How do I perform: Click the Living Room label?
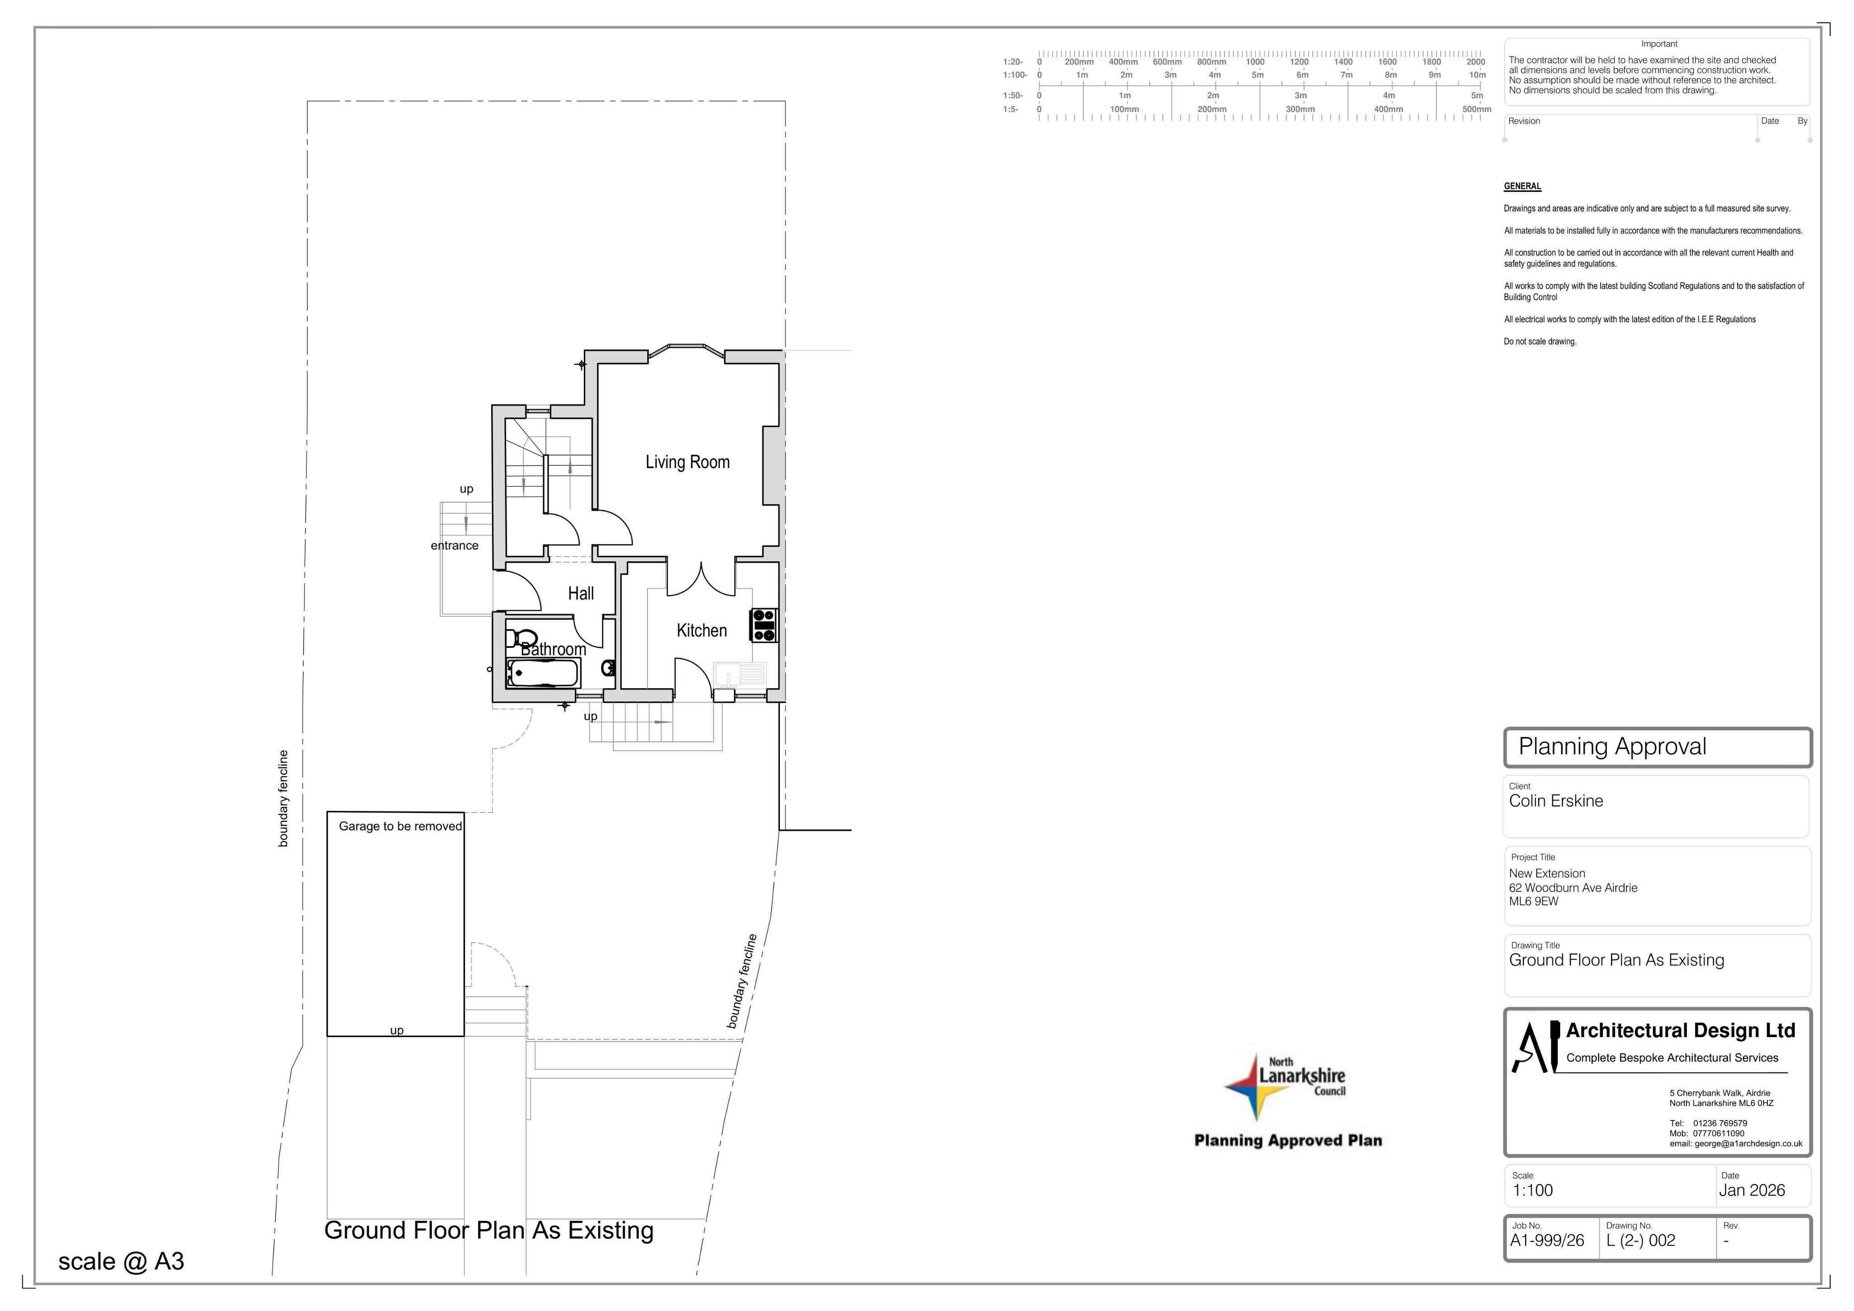[687, 462]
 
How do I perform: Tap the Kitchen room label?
[702, 630]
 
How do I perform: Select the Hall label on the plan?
[581, 593]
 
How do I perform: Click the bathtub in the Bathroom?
[543, 673]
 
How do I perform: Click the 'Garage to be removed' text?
[401, 826]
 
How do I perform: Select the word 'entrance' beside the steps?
[454, 545]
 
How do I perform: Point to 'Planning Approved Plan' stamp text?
[1288, 1141]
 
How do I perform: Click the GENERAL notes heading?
[1522, 187]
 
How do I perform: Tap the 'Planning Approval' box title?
[1613, 746]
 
